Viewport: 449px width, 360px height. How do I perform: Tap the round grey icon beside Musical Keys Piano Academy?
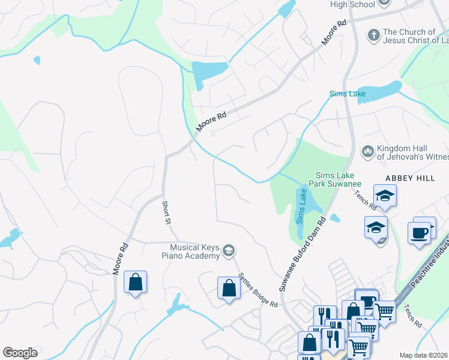coord(228,250)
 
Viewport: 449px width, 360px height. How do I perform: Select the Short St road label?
coord(167,213)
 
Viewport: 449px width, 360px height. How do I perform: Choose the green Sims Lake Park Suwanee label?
coord(335,179)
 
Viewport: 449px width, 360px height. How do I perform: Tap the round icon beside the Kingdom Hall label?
coord(367,149)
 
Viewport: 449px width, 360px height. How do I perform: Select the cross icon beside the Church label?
coord(373,34)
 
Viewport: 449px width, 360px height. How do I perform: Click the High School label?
coord(352,4)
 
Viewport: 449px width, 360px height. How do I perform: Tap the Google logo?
coord(20,353)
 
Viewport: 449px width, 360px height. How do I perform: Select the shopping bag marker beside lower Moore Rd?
coord(136,281)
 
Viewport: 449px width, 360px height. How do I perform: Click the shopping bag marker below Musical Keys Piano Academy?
coord(229,287)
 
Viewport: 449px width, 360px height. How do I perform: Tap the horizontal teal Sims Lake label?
coord(347,94)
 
